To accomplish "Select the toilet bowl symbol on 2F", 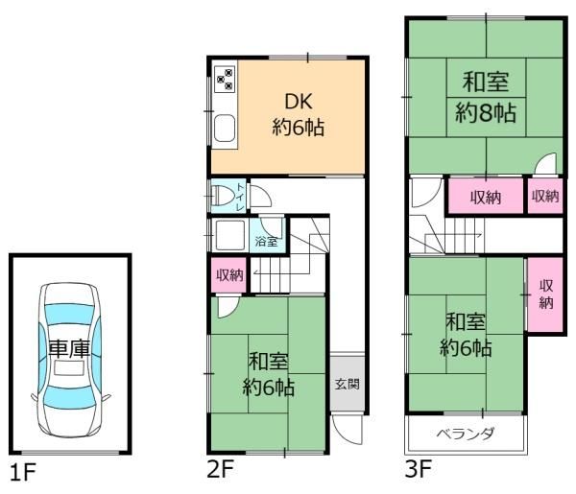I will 227,196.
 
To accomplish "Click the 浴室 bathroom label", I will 266,240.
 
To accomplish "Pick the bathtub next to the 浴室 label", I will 230,236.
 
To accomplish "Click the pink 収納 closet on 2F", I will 228,275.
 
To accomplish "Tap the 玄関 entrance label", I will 346,384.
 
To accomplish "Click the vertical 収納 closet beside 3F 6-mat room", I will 544,294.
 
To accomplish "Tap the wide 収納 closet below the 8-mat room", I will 484,197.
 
